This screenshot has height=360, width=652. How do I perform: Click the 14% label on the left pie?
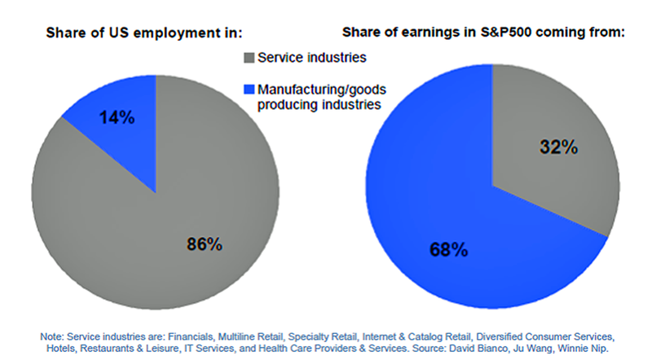[x=117, y=117]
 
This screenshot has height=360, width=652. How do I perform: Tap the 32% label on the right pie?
[x=559, y=148]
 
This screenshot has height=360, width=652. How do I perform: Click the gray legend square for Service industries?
[x=249, y=58]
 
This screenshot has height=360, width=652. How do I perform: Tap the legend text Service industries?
[x=305, y=58]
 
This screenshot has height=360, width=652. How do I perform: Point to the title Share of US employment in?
[x=146, y=33]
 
